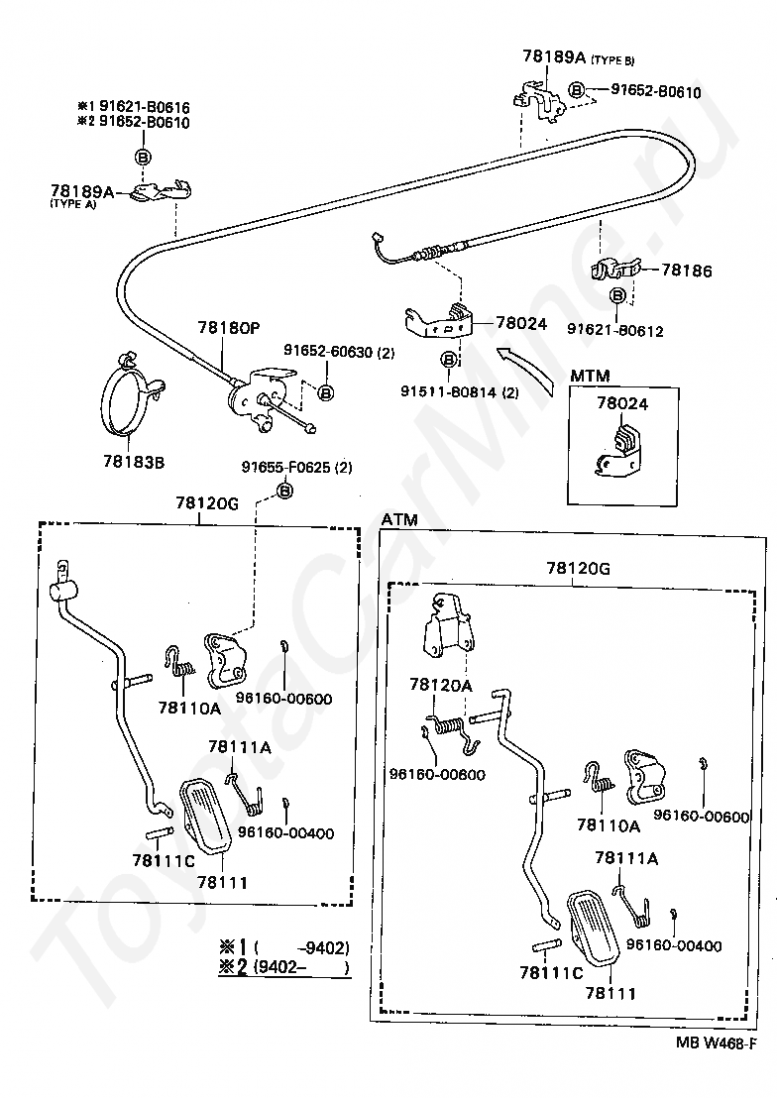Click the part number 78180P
pos(228,328)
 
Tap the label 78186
pos(686,271)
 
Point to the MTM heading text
pos(590,376)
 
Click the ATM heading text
pos(399,519)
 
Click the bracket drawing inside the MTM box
pos(618,453)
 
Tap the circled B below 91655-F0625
pos(285,491)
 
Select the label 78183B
pos(134,462)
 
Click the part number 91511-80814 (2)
pos(460,392)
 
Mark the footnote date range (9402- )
pos(301,968)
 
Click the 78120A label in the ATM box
pos(441,685)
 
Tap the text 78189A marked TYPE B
pos(554,56)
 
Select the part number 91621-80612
pos(615,331)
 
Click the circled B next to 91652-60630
pos(326,392)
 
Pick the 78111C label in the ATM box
pos(551,973)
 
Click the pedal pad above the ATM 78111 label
pos(591,928)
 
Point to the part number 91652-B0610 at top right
pos(656,92)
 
